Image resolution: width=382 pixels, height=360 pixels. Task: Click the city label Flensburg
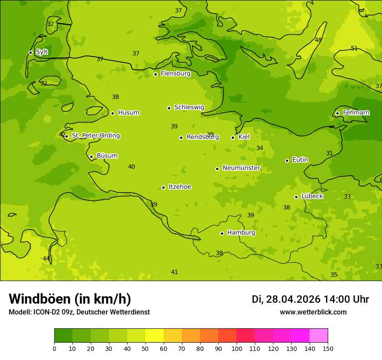coord(175,74)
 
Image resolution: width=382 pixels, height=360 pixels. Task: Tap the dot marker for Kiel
coord(233,137)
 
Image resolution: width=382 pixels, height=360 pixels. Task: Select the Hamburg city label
coord(241,233)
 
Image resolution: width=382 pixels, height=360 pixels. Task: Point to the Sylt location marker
coord(30,52)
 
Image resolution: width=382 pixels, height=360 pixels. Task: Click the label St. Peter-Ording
coord(95,136)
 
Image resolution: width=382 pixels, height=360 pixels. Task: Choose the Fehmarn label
coord(356,113)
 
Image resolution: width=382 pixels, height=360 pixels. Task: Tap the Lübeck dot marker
coord(296,197)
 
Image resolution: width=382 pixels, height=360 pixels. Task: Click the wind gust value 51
coord(354,49)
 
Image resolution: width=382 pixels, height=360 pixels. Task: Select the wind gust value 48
coord(318,40)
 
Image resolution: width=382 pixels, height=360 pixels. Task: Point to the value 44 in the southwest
coord(46,259)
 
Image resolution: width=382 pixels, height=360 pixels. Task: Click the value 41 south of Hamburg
coord(175,272)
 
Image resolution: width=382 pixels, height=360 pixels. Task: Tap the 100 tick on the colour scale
coord(237,348)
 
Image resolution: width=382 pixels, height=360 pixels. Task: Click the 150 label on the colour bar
coord(328,348)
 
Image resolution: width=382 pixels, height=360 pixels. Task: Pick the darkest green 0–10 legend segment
coord(63,336)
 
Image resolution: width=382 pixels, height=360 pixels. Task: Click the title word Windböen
coord(40,299)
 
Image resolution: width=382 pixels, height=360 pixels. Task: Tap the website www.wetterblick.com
coord(313,312)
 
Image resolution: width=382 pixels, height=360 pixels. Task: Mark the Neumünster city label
coord(241,168)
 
